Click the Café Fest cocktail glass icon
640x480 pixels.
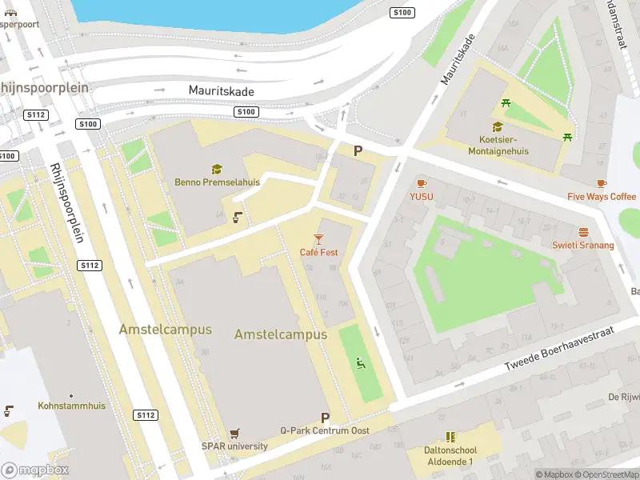coord(318,238)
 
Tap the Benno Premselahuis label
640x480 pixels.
coord(217,182)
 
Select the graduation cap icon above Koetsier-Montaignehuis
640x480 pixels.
coord(498,126)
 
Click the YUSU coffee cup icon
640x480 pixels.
coord(421,183)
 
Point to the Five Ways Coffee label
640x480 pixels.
coord(602,197)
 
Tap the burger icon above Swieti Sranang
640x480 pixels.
coord(583,232)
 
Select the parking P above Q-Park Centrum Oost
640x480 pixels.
coord(325,418)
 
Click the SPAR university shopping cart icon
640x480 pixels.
coord(234,434)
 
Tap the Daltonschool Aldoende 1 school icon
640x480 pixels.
coord(450,438)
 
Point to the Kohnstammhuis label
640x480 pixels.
coord(71,406)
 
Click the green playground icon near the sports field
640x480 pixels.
coord(362,365)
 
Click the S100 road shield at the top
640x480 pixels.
coord(402,12)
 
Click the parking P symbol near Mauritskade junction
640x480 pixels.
coord(358,150)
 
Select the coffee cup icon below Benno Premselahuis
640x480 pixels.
coord(238,217)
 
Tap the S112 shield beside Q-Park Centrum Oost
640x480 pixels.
coord(145,415)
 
